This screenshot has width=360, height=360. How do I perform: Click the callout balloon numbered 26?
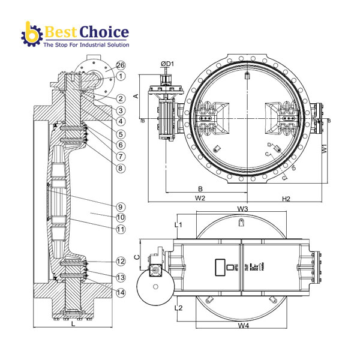pos(121,65)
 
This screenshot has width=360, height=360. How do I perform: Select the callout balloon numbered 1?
pos(121,76)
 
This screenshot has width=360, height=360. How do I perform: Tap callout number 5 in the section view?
pos(121,134)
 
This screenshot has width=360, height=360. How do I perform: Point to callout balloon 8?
pos(121,168)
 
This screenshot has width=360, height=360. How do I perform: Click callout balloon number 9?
pos(121,206)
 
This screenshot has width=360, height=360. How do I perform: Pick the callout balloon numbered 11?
pos(121,229)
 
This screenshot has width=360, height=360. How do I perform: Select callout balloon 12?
pos(121,262)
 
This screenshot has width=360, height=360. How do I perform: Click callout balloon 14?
pos(121,292)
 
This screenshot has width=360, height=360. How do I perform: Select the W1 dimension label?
pos(323,146)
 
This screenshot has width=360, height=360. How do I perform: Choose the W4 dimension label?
pos(242,326)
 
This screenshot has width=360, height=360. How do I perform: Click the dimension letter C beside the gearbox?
pos(136,256)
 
